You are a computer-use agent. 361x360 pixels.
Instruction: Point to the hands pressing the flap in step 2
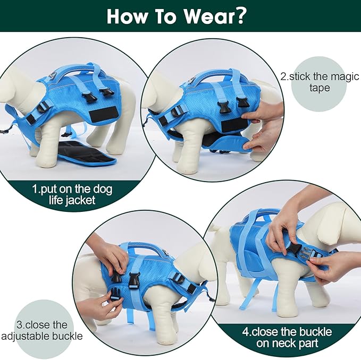[x=263, y=127]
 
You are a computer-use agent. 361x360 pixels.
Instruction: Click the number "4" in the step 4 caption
[x=246, y=332]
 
